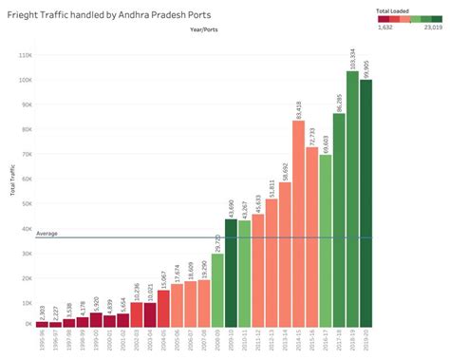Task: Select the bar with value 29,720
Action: [x=217, y=291]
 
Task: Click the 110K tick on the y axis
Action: [x=24, y=54]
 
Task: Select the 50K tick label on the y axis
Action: [x=26, y=203]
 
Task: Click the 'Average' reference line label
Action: [x=47, y=233]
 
